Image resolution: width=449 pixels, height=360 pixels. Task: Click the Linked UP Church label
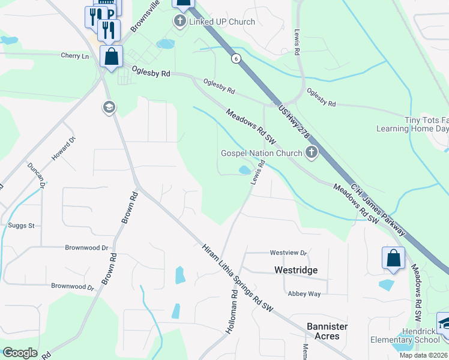222,22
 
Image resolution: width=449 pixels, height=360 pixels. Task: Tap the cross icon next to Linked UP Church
179,22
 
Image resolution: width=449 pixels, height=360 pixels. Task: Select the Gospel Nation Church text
262,153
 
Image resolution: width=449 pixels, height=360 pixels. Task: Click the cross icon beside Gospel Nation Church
311,152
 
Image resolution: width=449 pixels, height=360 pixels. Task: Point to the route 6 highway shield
236,58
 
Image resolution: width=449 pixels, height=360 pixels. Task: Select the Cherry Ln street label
74,56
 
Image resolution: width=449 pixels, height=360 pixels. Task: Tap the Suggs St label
22,226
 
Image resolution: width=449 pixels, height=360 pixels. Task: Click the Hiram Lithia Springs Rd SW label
237,278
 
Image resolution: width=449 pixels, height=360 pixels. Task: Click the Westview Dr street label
288,253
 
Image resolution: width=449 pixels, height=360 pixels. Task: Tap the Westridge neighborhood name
295,270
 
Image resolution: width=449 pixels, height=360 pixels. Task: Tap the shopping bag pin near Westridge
393,257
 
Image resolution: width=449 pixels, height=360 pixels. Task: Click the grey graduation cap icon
109,107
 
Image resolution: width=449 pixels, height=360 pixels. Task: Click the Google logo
20,353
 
